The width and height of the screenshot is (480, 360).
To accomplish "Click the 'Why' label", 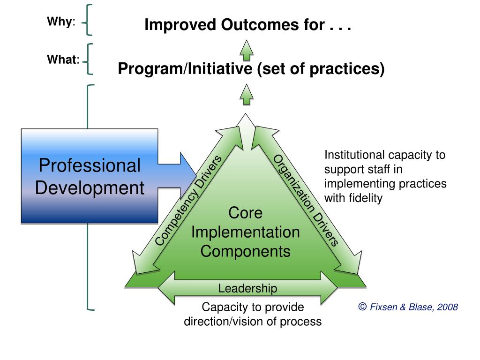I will tap(59, 22).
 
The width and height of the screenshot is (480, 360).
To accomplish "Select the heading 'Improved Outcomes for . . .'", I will tap(247, 24).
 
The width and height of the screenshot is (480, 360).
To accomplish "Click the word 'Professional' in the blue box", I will tap(90, 165).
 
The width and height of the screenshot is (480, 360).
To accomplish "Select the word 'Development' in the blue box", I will tap(90, 188).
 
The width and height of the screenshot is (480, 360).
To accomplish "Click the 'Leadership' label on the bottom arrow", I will tap(247, 288).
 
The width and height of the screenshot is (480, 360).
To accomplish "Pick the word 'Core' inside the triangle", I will tap(245, 213).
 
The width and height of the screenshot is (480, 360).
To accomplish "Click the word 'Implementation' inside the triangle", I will tap(245, 232).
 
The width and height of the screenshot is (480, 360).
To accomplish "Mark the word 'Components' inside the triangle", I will tap(245, 251).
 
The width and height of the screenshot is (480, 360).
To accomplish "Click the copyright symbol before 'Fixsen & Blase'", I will tap(362, 307).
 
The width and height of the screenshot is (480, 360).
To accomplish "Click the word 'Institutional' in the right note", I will tap(352, 155).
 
